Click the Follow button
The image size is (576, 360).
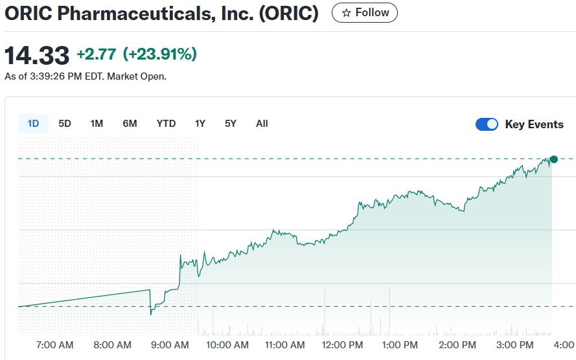(x=365, y=13)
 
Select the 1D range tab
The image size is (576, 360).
(x=33, y=124)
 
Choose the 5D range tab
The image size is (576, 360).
(x=65, y=124)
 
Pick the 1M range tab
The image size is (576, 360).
(x=97, y=124)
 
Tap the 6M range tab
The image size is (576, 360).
(x=130, y=124)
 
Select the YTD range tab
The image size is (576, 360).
(x=166, y=124)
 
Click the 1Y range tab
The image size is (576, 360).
(x=200, y=124)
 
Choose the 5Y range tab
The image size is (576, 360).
(x=231, y=124)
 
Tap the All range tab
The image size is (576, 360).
(x=262, y=124)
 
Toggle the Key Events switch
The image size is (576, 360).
(x=487, y=124)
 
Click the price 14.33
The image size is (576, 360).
(x=37, y=56)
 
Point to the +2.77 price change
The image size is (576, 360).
(x=96, y=54)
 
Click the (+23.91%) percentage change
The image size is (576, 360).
(x=159, y=54)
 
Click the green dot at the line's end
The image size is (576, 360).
(x=553, y=159)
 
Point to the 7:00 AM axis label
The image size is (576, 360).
(x=56, y=345)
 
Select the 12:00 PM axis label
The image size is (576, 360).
(x=342, y=345)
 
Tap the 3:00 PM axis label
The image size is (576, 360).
(x=515, y=345)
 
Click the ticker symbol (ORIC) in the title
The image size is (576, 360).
(x=288, y=14)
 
